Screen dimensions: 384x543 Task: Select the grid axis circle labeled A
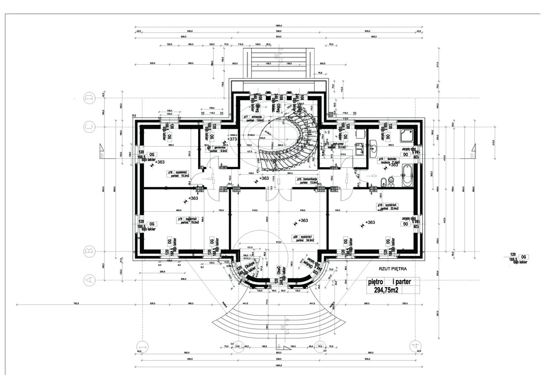click(x=90, y=280)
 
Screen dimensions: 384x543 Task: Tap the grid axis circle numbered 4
click(x=414, y=346)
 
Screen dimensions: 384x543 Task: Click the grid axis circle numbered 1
click(x=142, y=346)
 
